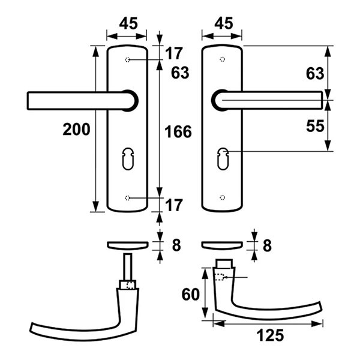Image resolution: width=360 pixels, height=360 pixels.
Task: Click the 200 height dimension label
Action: coord(76,129)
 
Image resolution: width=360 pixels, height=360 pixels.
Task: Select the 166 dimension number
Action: coord(178,132)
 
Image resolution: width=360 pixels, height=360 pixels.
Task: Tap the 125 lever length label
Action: coord(270,335)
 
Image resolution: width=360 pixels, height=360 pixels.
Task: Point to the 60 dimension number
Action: coord(191,295)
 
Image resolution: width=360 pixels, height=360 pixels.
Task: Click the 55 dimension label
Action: coord(315,126)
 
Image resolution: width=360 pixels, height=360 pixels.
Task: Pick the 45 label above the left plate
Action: coord(128,23)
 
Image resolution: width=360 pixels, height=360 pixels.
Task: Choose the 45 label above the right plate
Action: coord(224,23)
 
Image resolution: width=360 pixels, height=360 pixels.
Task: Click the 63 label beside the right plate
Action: coord(315,73)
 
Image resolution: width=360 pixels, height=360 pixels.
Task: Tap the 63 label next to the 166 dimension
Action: coord(180,73)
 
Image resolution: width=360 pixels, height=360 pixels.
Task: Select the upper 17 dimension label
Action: coord(174,53)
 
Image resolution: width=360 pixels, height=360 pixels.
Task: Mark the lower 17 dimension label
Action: coord(174,205)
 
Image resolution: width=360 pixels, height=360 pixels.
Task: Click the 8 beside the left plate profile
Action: coord(176,245)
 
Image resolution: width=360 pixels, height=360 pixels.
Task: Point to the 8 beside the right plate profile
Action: coord(267,245)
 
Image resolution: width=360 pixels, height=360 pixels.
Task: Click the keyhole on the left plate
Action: coord(128,158)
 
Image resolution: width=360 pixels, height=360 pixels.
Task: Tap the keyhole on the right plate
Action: coord(223,158)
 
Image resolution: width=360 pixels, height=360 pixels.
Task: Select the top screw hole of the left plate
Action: coord(127,59)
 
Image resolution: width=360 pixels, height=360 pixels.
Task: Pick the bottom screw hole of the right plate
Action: coord(222,197)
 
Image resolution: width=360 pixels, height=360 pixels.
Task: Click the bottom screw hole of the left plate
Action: coord(127,197)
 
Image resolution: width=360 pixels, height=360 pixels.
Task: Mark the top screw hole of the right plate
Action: coord(222,59)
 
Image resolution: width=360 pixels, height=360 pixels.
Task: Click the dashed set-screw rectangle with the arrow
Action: coord(219,277)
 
